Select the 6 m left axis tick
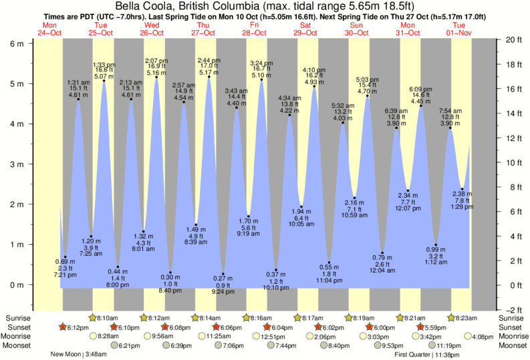tap(16, 43)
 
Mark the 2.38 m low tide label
tap(462, 194)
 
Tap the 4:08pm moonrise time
tap(483, 337)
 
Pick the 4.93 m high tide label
tap(313, 82)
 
